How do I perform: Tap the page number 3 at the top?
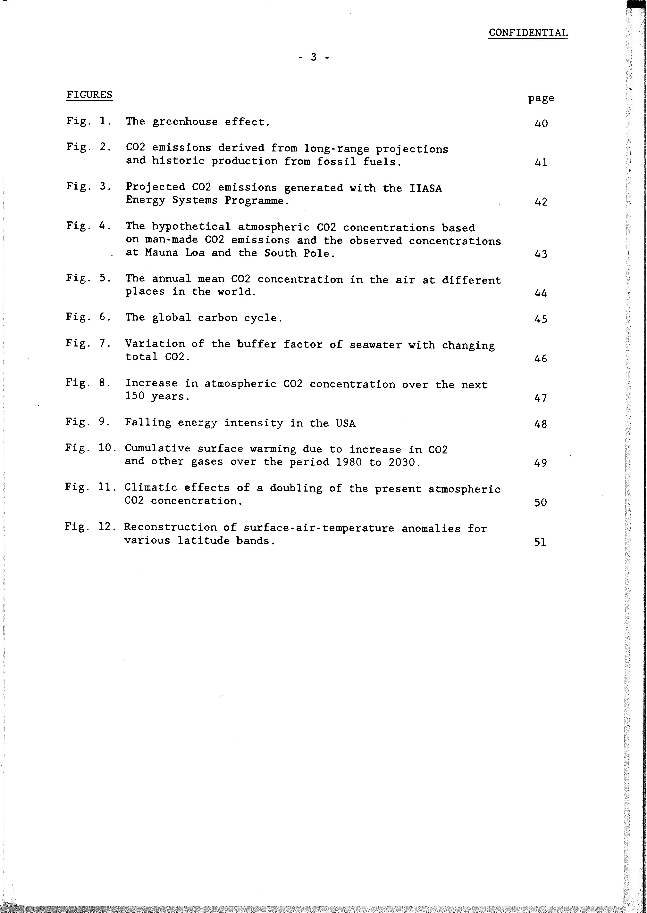pos(314,57)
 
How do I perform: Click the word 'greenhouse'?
pos(185,122)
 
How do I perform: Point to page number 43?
pos(541,254)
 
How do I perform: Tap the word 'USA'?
pos(345,423)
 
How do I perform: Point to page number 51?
pos(540,542)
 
